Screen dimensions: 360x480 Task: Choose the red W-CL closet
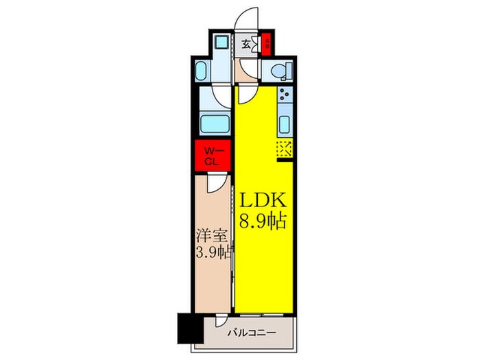click(213, 156)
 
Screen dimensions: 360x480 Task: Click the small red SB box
click(267, 45)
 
